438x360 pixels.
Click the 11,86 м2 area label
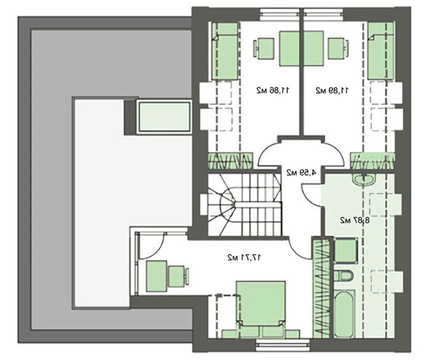click(273, 90)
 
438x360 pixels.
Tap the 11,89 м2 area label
click(332, 90)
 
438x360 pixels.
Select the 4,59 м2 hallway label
click(301, 172)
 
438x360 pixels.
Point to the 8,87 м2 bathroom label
click(355, 220)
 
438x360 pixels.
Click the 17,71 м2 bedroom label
click(244, 257)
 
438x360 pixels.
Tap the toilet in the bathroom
click(343, 276)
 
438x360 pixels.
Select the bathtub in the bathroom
click(344, 314)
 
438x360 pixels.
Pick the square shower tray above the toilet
click(346, 250)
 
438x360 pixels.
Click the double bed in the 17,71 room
click(260, 304)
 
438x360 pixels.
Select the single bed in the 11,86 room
click(225, 51)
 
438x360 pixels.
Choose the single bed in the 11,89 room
click(381, 51)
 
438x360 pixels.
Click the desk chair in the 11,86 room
click(264, 48)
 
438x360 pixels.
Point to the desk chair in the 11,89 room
click(338, 48)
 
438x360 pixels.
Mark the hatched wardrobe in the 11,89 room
click(372, 161)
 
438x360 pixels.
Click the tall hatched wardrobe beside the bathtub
click(321, 287)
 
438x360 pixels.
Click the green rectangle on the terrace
click(165, 116)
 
